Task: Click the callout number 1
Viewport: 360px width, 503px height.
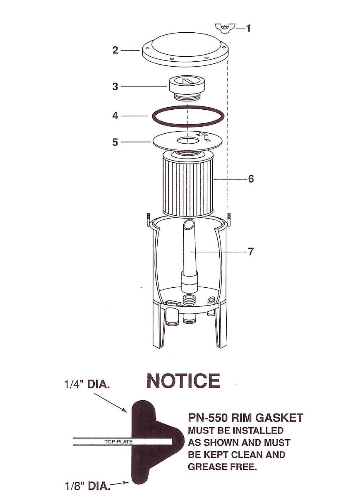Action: coord(248,28)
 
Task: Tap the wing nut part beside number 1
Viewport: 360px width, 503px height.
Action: coord(225,28)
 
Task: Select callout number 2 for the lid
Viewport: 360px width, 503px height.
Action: coord(115,50)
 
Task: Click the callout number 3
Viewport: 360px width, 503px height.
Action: coord(115,87)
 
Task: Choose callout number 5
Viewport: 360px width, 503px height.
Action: coord(115,142)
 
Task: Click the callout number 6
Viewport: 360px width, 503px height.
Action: coord(251,179)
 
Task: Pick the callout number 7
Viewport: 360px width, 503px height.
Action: coord(251,251)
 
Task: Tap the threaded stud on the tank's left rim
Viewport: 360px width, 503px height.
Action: coord(146,218)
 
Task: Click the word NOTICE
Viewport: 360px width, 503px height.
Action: coord(183,381)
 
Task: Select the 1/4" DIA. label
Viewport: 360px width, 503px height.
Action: coord(87,385)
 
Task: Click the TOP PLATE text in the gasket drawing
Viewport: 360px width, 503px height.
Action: coord(118,442)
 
